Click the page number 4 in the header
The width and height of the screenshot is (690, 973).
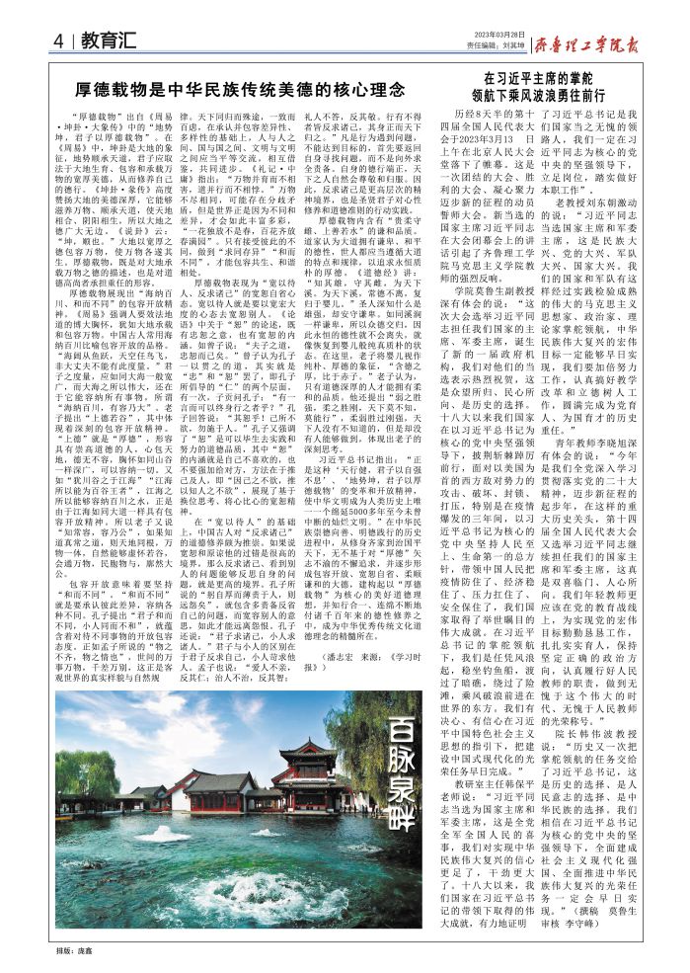59,41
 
